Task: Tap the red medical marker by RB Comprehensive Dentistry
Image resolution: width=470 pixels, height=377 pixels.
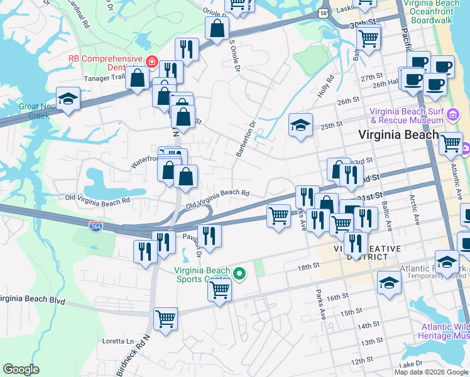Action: coord(151,62)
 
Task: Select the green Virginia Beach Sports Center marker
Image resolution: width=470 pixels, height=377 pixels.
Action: coord(239,273)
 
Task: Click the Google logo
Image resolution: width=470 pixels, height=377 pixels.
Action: coord(21,369)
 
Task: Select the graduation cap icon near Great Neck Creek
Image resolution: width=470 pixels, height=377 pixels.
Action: coord(68,98)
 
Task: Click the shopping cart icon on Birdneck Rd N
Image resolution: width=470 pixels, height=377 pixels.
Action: coord(165,318)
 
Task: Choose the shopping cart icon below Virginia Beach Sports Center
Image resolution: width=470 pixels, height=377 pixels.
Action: coord(219,290)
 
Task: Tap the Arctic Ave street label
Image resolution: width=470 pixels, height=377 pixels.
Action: coord(415,209)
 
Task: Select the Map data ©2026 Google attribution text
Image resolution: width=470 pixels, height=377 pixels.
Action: coord(430,372)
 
